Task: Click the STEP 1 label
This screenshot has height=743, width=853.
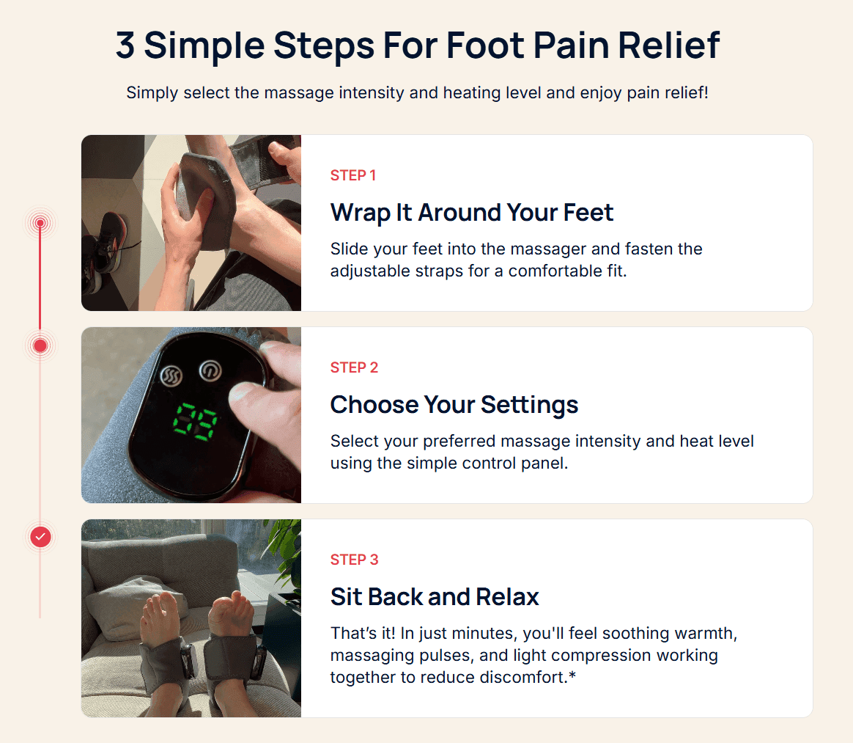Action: pyautogui.click(x=353, y=175)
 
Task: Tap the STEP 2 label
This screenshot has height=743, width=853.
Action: pyautogui.click(x=354, y=367)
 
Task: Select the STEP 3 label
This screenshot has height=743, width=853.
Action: pyautogui.click(x=354, y=560)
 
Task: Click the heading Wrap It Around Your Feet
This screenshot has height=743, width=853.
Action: pyautogui.click(x=472, y=212)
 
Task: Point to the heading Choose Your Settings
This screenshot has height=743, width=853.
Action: pyautogui.click(x=454, y=405)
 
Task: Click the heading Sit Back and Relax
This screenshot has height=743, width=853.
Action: pyautogui.click(x=435, y=596)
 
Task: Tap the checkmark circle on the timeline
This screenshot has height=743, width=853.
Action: pyautogui.click(x=40, y=537)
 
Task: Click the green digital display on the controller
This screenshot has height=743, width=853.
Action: pyautogui.click(x=195, y=422)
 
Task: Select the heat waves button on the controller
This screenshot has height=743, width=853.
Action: pyautogui.click(x=172, y=376)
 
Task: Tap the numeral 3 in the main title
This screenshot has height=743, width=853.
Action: pyautogui.click(x=125, y=45)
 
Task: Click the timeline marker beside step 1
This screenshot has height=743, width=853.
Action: pyautogui.click(x=40, y=223)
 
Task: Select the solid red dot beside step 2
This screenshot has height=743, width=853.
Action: pyautogui.click(x=40, y=345)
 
